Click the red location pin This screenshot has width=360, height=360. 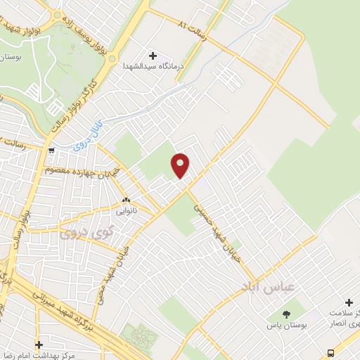pyautogui.click(x=181, y=165)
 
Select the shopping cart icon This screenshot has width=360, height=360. pyautogui.click(x=51, y=150)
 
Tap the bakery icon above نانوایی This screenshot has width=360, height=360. pyautogui.click(x=125, y=200)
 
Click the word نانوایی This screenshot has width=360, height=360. pyautogui.click(x=125, y=210)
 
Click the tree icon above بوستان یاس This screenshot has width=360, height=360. pyautogui.click(x=285, y=314)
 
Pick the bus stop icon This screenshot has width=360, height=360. pyautogui.click(x=330, y=352)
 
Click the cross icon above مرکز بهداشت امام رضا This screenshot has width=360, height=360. pyautogui.click(x=39, y=345)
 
